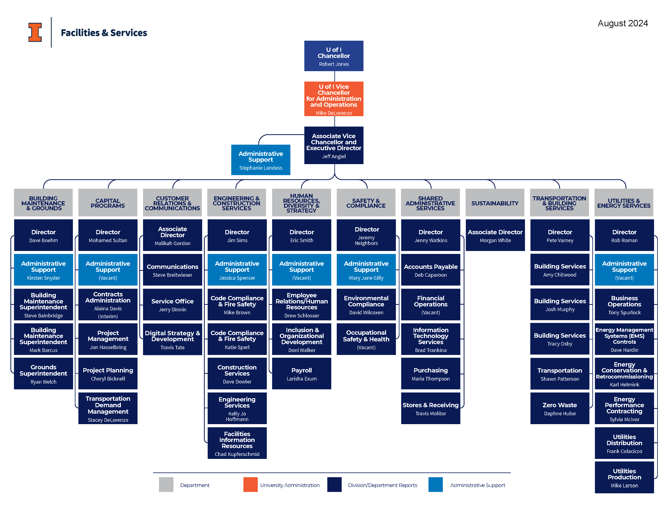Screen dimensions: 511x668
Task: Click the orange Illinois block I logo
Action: (x=35, y=32)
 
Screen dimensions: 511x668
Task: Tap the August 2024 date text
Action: (x=622, y=23)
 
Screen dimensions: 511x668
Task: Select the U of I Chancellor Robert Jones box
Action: (x=334, y=56)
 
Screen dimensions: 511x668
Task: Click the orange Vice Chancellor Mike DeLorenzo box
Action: (x=334, y=99)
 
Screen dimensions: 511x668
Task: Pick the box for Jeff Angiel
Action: (x=334, y=145)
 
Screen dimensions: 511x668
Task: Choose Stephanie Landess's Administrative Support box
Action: (x=261, y=160)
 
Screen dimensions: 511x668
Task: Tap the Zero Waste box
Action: (x=560, y=408)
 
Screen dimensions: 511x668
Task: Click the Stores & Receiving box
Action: (x=430, y=408)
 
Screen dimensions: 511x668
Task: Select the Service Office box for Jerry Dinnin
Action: (x=172, y=304)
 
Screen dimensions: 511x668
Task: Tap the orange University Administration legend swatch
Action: (x=250, y=484)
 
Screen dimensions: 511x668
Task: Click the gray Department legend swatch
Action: (x=166, y=484)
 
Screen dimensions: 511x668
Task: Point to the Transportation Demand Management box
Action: (x=108, y=408)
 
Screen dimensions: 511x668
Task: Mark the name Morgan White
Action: (x=495, y=240)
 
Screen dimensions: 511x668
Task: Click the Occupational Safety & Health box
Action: (x=366, y=339)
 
